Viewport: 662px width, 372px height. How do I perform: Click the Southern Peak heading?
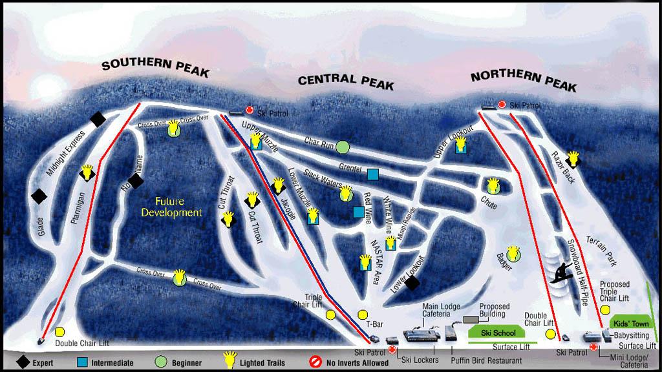[155, 67]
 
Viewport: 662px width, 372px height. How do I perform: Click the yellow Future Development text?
[171, 207]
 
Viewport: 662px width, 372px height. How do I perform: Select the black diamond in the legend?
[23, 362]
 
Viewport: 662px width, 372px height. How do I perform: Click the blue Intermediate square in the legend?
[82, 362]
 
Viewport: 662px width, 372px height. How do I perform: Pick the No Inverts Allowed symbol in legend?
[315, 362]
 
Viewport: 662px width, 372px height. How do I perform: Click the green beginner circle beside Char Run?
[343, 147]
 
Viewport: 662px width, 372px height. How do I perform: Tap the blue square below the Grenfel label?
[372, 174]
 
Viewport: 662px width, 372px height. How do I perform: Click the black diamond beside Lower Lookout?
[412, 282]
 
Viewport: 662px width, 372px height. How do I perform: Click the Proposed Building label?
[494, 311]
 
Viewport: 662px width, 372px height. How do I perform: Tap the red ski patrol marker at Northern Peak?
[502, 105]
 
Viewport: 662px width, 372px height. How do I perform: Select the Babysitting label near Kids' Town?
[632, 335]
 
